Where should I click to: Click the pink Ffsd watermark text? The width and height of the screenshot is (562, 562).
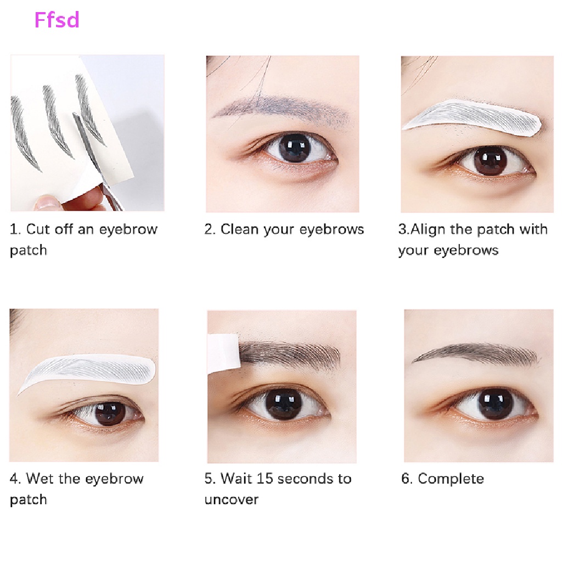pyautogui.click(x=57, y=20)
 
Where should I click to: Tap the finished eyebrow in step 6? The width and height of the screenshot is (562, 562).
pyautogui.click(x=475, y=354)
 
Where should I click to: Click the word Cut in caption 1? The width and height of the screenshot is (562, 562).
pyautogui.click(x=38, y=229)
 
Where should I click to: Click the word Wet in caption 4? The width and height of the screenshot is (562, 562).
pyautogui.click(x=40, y=479)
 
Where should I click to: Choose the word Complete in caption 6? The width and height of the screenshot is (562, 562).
pyautogui.click(x=451, y=479)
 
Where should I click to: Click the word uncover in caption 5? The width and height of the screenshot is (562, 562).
pyautogui.click(x=231, y=499)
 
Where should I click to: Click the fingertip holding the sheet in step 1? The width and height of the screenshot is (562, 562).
pyautogui.click(x=47, y=204)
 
